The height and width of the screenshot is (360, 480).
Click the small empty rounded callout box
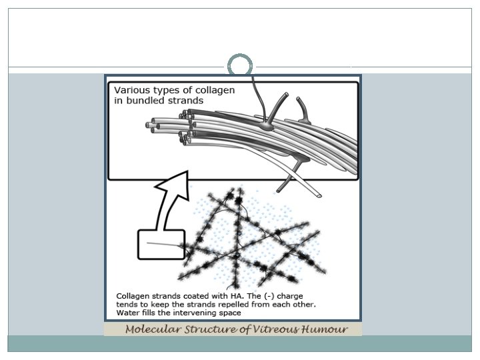pos(161,244)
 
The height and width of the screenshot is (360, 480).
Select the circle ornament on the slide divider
pos(240,65)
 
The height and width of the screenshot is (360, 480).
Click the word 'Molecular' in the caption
pos(154,330)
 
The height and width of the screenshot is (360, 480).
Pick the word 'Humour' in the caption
pos(326,330)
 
